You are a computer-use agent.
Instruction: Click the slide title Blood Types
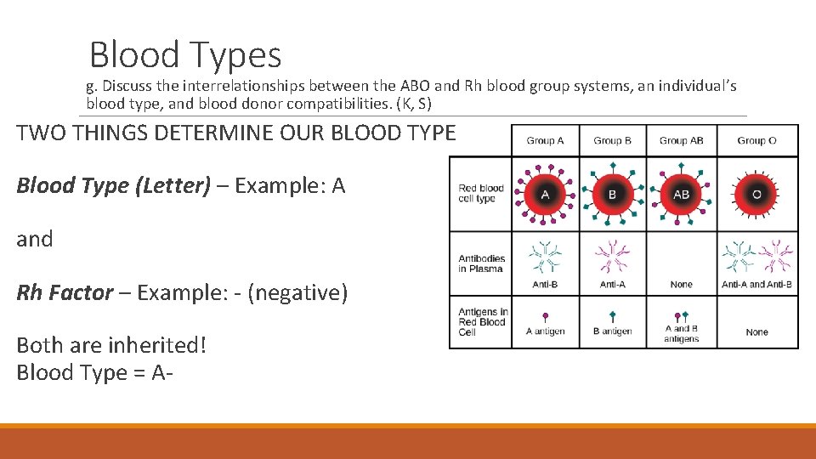184,55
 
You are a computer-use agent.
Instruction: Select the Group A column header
545,141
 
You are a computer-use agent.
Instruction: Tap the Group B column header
612,141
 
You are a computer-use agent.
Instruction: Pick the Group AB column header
681,141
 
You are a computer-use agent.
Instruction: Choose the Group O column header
756,141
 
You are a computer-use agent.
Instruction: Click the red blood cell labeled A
545,194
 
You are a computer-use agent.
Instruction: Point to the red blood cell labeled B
612,194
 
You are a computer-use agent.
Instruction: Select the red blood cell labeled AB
681,194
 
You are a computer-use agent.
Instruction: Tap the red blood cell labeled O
756,194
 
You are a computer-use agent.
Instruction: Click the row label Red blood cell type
481,194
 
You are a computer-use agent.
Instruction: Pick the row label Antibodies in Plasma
481,263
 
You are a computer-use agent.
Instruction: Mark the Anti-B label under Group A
545,285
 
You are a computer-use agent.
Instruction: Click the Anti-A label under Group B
612,285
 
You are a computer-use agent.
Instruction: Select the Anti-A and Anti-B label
756,285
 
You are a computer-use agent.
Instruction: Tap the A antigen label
545,331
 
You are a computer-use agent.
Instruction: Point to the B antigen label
612,331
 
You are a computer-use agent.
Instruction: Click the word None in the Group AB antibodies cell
681,285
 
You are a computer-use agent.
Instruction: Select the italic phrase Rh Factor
65,293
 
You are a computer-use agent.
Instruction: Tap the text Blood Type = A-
89,372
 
